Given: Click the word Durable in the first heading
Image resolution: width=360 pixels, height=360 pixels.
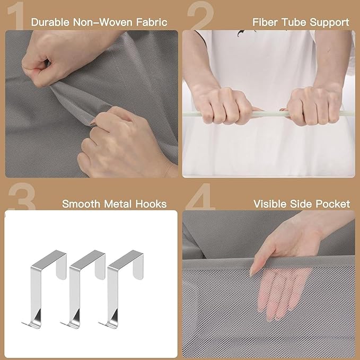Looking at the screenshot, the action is coord(50,22).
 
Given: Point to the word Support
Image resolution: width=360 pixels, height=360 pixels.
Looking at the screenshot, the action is coord(329,23).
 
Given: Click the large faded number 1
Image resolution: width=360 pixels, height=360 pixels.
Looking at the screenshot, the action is coord(16,15).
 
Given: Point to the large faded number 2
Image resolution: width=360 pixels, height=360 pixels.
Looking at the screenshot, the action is coord(201,15).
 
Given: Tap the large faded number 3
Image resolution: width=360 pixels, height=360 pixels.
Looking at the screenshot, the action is coord(22,196).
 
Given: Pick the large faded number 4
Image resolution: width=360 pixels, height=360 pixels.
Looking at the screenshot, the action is coord(200,196).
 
